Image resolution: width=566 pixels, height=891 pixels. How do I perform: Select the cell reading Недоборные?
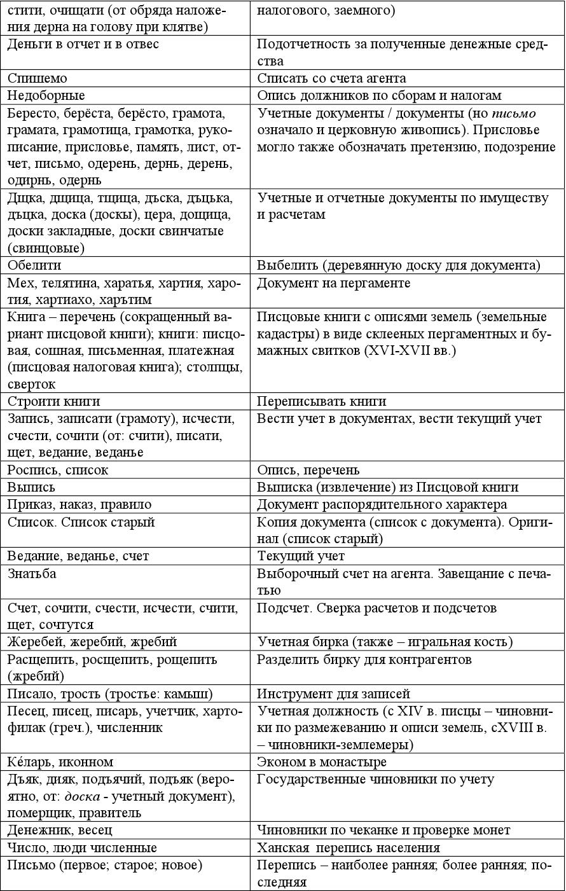pos(46,96)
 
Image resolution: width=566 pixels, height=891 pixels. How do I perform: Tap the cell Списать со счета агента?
pos(331,79)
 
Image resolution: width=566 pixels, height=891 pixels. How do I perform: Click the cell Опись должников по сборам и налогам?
pos(379,96)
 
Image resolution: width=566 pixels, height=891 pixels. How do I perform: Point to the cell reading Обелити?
pos(35,265)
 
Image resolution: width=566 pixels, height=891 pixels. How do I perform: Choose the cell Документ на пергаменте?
pos(333,283)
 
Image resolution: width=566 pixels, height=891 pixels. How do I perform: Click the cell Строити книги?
pos(54,401)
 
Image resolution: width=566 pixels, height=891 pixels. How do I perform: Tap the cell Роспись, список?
pos(58,470)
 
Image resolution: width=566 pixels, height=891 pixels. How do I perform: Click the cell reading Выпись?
pos(31,487)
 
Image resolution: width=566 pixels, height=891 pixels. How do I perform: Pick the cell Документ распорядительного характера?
pos(382,504)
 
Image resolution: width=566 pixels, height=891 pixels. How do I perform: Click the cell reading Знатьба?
pos(32,574)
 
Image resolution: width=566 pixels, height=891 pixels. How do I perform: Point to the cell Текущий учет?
pos(300,556)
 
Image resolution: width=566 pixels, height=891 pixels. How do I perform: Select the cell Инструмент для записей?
pos(333,694)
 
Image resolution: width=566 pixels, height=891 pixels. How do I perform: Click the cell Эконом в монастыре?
pos(321,762)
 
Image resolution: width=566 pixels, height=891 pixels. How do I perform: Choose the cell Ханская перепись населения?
pos(348,848)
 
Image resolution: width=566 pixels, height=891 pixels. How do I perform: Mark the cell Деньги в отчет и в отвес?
pos(83,45)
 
